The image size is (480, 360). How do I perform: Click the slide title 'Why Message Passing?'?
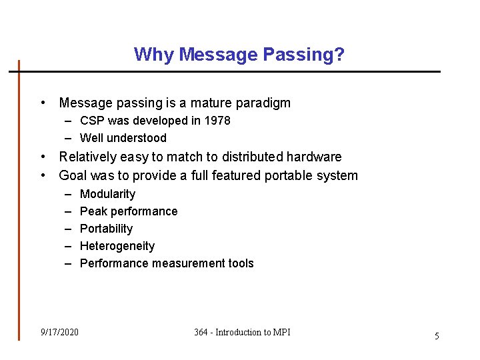pyautogui.click(x=239, y=54)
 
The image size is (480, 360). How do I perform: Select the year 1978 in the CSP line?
pyautogui.click(x=217, y=121)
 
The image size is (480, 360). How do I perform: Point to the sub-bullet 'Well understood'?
pyautogui.click(x=123, y=138)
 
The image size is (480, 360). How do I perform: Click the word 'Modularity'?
pyautogui.click(x=107, y=194)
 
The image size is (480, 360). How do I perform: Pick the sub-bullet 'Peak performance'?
pyautogui.click(x=129, y=211)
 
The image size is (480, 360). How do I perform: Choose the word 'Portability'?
pyautogui.click(x=106, y=229)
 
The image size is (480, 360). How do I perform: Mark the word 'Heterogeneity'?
pyautogui.click(x=117, y=246)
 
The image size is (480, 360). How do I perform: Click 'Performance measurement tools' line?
pyautogui.click(x=167, y=263)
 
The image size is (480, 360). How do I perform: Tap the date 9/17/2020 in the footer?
pyautogui.click(x=59, y=332)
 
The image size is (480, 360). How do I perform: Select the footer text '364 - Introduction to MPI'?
pyautogui.click(x=242, y=332)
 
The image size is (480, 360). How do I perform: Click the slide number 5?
pyautogui.click(x=437, y=336)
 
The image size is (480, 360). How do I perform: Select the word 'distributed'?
pyautogui.click(x=251, y=157)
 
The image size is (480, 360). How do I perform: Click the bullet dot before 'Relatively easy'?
pyautogui.click(x=43, y=157)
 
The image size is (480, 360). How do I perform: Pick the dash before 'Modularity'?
pyautogui.click(x=68, y=194)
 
